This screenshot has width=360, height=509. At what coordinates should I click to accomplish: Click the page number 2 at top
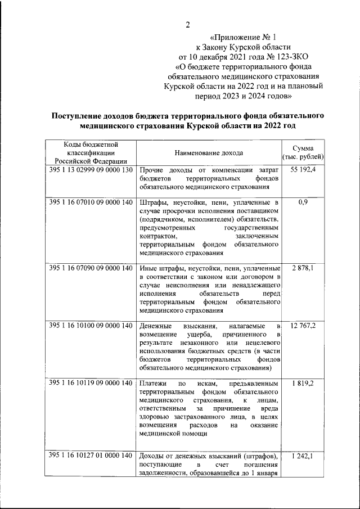click(x=187, y=24)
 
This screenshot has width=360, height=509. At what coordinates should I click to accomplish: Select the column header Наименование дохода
click(x=208, y=152)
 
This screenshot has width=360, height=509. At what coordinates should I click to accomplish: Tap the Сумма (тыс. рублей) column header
click(x=303, y=152)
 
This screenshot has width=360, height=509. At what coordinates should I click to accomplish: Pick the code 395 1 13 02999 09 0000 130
click(x=91, y=169)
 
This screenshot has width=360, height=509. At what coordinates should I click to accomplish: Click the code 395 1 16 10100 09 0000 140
click(x=91, y=326)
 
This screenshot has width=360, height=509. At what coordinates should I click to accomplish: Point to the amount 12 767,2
click(x=303, y=326)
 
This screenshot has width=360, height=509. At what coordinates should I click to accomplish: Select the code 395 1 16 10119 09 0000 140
click(x=91, y=383)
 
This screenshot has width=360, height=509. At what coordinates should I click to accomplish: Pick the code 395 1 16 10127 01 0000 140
click(x=91, y=455)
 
